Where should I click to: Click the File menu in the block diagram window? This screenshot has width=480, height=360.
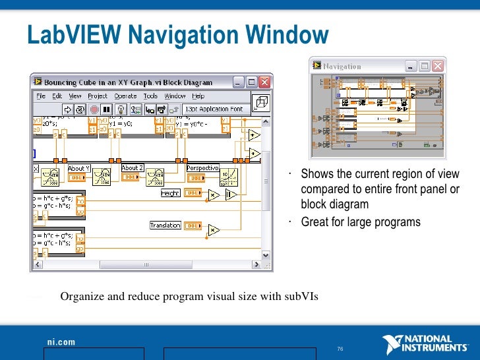click(x=41, y=96)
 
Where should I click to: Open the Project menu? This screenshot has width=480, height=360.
click(x=98, y=96)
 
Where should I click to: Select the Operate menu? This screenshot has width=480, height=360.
click(x=125, y=96)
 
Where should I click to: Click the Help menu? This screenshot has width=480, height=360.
click(x=198, y=96)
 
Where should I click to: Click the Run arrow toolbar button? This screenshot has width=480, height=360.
click(x=67, y=109)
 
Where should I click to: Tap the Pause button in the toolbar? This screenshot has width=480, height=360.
click(x=107, y=109)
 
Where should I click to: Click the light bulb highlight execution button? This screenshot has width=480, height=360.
click(x=121, y=109)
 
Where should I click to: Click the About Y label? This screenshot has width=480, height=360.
click(x=80, y=169)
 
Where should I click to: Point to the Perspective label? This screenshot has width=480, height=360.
click(x=202, y=168)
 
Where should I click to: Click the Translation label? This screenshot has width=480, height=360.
click(x=165, y=225)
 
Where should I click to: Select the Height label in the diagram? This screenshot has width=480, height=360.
click(x=170, y=193)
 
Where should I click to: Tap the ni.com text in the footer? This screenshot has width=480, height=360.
click(x=61, y=342)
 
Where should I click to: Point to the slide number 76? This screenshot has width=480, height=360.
click(x=340, y=349)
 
